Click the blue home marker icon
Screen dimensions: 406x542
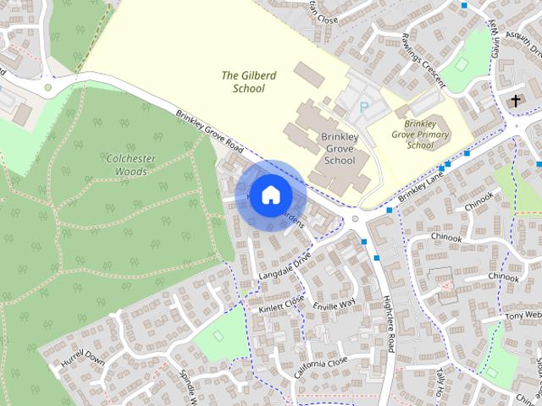269,195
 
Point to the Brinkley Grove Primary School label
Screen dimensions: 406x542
419,134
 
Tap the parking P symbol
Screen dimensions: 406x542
364,107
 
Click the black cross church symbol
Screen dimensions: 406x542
516,101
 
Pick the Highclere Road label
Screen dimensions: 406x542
390,329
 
